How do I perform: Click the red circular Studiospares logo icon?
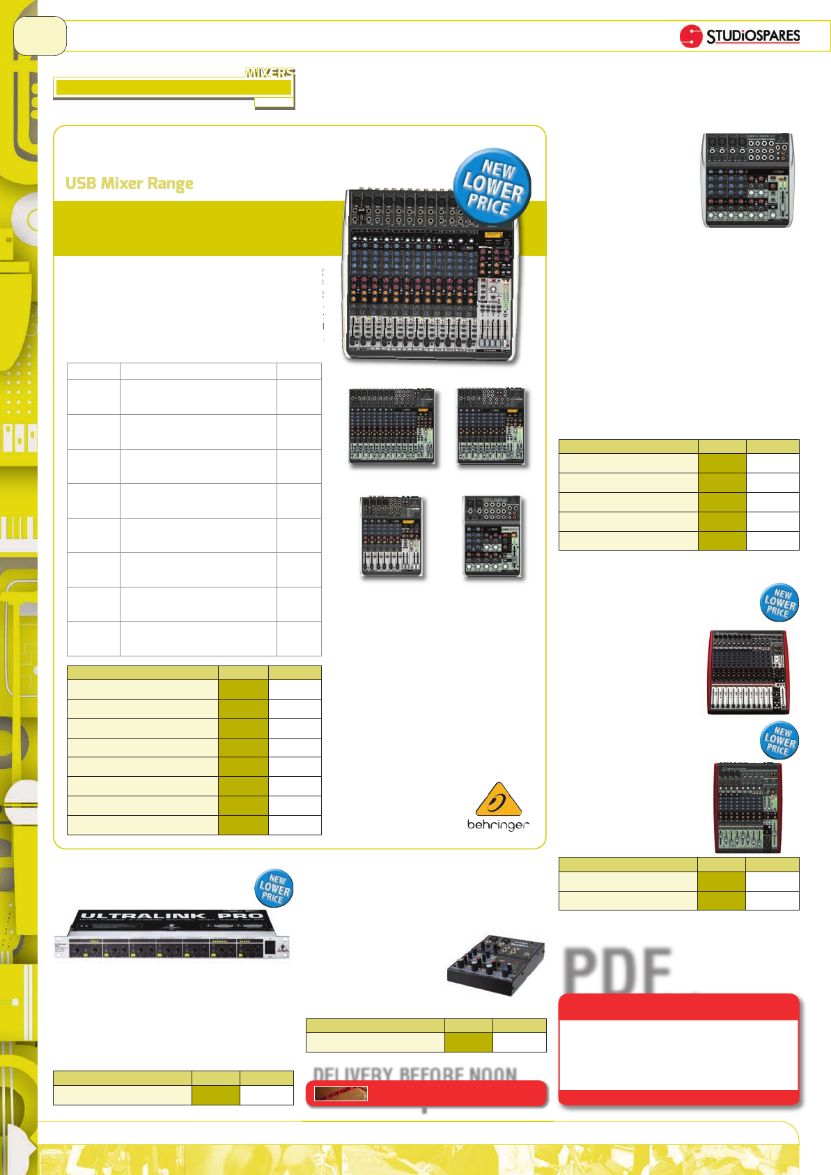point(690,36)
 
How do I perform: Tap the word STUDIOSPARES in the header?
point(753,36)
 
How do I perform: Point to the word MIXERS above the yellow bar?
point(270,72)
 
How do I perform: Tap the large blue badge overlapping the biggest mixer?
point(492,186)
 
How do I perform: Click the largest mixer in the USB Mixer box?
point(430,276)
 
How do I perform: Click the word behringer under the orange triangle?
point(498,825)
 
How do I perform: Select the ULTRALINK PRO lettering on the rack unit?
point(171,917)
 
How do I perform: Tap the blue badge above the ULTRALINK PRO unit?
point(274,888)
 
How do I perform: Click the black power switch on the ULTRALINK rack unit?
point(269,947)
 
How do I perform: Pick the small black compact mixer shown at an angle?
point(495,965)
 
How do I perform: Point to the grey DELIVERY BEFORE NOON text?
point(415,1074)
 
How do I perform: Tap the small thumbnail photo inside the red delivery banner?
point(341,1094)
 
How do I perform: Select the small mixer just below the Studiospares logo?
point(747,180)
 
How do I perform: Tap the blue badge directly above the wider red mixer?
point(779,603)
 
